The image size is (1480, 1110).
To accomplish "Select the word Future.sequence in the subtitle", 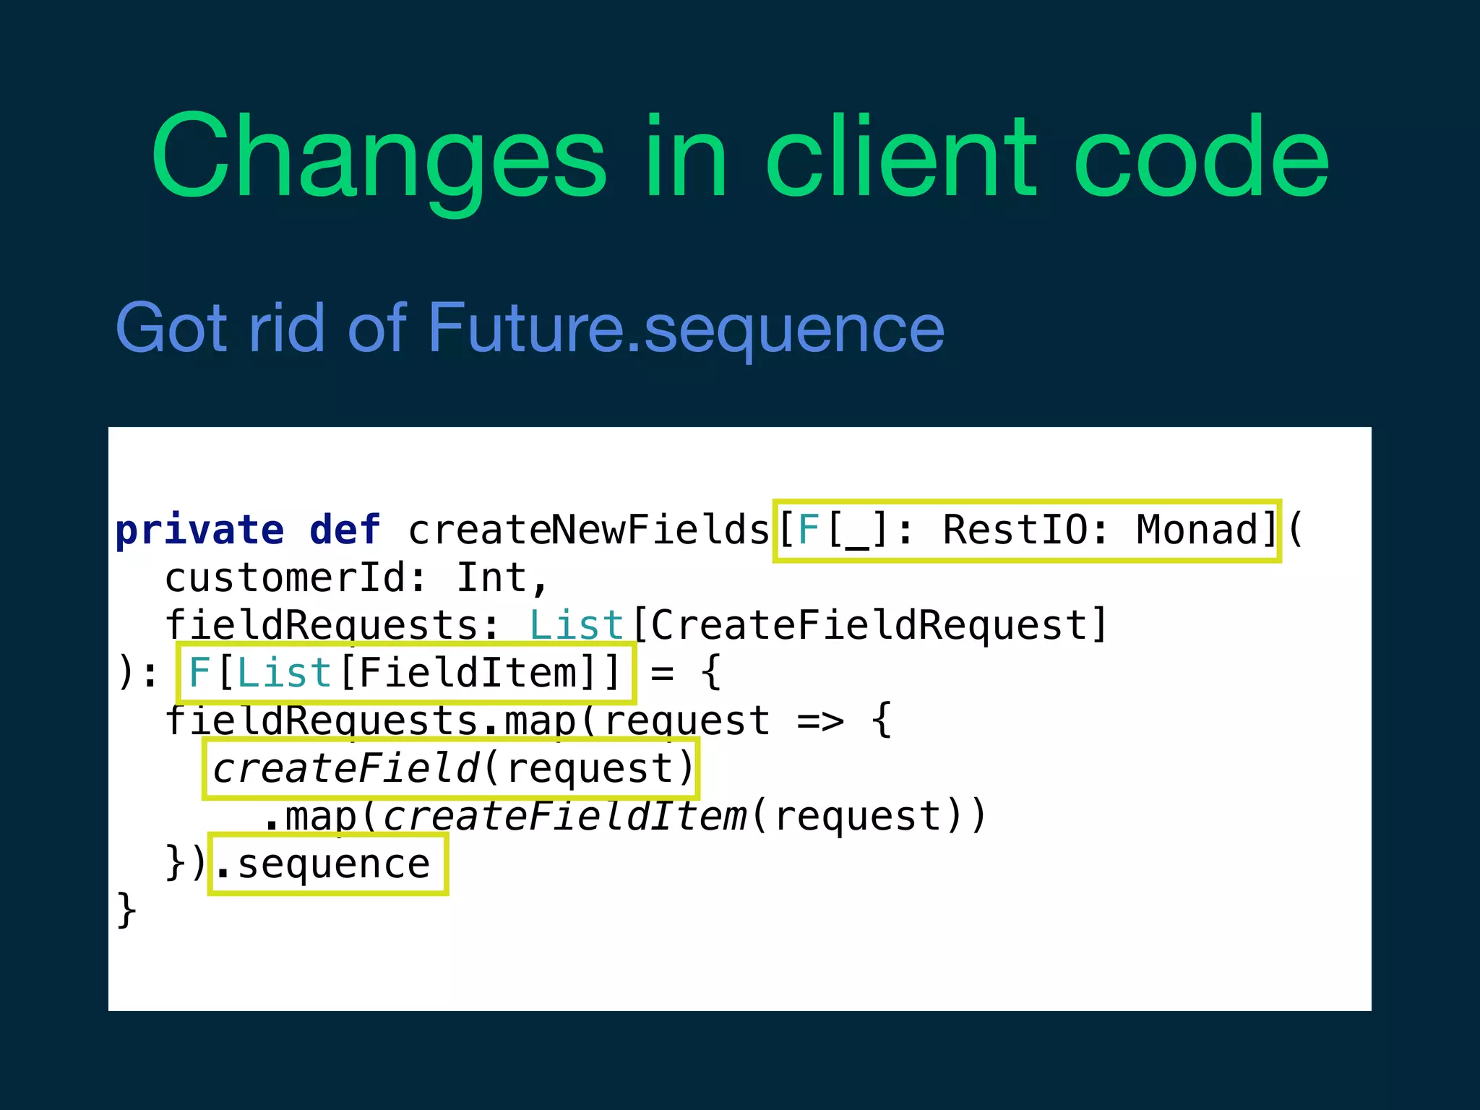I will (x=686, y=329).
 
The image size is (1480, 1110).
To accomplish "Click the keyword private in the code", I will (x=199, y=531).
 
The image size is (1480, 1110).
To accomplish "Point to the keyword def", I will (x=345, y=531).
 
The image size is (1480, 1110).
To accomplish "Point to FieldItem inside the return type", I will (x=468, y=674).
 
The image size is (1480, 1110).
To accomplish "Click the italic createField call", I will (x=345, y=768).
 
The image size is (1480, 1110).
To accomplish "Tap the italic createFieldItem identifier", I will (x=564, y=817).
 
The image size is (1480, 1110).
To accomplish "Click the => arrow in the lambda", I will (x=820, y=721).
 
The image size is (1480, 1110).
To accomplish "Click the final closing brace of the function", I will (x=126, y=910).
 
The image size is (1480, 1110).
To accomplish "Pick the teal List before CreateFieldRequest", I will (x=576, y=626).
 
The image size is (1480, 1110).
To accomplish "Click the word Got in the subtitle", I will (x=171, y=329).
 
